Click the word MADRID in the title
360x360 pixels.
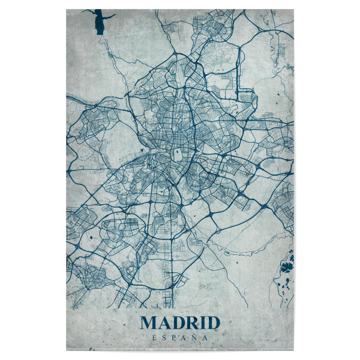(179, 323)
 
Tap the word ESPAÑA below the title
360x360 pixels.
(179, 338)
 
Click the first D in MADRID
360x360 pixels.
(177, 323)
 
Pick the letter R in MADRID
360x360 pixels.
(191, 323)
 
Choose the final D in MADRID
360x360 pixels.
(212, 323)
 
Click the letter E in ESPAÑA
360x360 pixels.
(155, 338)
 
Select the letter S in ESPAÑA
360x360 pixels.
(164, 338)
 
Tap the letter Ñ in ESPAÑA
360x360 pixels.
(194, 338)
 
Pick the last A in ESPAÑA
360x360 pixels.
(205, 338)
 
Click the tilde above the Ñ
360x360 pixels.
(194, 334)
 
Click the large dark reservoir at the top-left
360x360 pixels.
(98, 24)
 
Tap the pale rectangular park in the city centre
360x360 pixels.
(178, 154)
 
